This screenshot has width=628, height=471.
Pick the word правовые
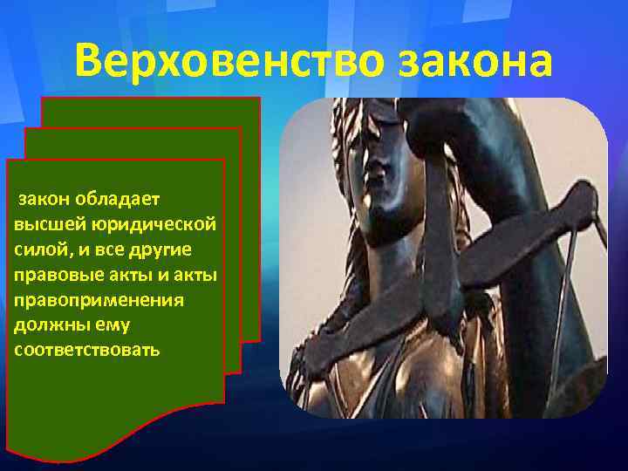(x=51, y=275)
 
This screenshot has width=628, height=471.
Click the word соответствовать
(x=86, y=350)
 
